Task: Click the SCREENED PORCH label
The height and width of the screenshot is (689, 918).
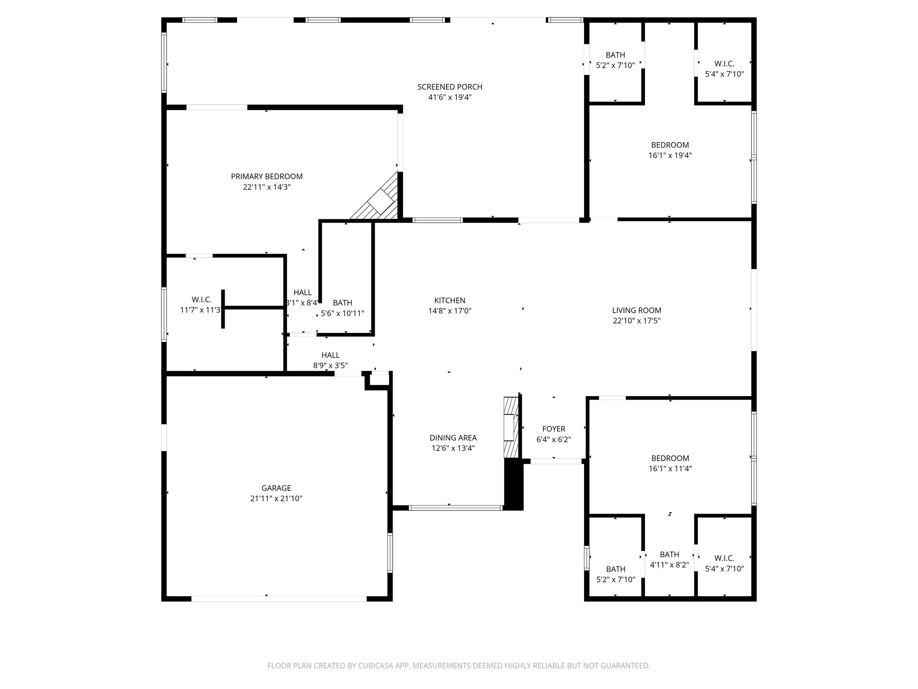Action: (x=450, y=87)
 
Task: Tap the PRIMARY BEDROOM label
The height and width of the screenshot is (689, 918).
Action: (x=267, y=177)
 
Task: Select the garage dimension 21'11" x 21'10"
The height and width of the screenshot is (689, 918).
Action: (x=276, y=498)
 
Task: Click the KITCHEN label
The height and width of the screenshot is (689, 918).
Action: (x=450, y=301)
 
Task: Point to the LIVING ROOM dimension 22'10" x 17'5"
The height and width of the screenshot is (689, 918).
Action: (x=637, y=321)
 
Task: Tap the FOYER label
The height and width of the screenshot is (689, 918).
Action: (x=554, y=429)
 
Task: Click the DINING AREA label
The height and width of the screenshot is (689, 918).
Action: (x=453, y=438)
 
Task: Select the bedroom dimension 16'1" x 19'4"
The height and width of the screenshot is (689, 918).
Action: (x=670, y=156)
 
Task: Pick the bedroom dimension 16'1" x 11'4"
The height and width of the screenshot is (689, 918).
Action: (x=670, y=469)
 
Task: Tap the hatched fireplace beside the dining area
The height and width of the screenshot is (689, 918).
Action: (x=510, y=427)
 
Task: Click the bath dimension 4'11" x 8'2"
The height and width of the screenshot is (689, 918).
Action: (x=669, y=565)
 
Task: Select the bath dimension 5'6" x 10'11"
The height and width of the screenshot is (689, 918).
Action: (x=342, y=314)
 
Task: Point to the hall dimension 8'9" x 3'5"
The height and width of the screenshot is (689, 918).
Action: (x=330, y=366)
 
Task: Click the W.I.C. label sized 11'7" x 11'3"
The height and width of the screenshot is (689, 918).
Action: (x=201, y=300)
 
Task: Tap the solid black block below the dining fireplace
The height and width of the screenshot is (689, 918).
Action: (x=514, y=484)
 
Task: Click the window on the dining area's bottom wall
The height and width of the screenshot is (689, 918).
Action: (x=455, y=508)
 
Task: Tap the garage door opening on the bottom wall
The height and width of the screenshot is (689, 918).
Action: (x=279, y=598)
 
